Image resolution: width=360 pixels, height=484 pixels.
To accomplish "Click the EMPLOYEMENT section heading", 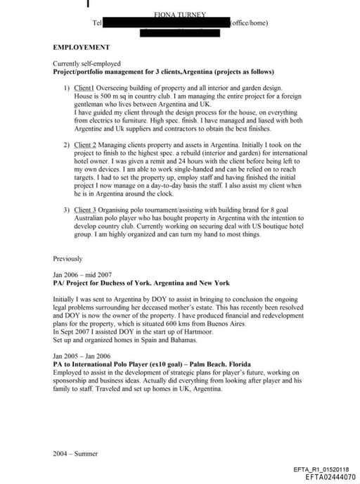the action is [82, 48].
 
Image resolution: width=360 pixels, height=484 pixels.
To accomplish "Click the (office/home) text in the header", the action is [250, 23].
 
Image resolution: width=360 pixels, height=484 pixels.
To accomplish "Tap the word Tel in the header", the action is [97, 23].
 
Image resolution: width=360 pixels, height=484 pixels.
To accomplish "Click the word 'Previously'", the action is [67, 259].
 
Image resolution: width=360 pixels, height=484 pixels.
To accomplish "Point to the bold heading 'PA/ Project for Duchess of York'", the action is [141, 283].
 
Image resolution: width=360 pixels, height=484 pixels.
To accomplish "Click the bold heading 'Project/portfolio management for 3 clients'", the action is [163, 72].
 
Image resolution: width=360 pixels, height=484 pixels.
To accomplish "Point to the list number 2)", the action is [67, 145].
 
